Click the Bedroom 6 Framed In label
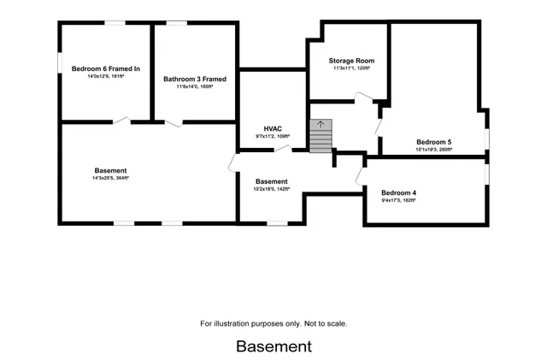coord(106,68)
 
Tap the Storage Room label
coord(351,61)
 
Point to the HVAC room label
coord(272,127)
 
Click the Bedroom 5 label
coord(433,142)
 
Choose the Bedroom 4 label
coord(398,192)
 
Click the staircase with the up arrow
coord(320,136)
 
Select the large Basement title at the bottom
coord(273,346)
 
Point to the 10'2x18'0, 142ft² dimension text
coord(271,189)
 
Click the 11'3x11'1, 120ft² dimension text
coord(351,69)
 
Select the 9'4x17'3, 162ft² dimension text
coord(398,201)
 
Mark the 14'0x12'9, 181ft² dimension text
coord(106,76)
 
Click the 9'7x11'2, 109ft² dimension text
coord(272,136)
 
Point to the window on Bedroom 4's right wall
coord(487,172)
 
